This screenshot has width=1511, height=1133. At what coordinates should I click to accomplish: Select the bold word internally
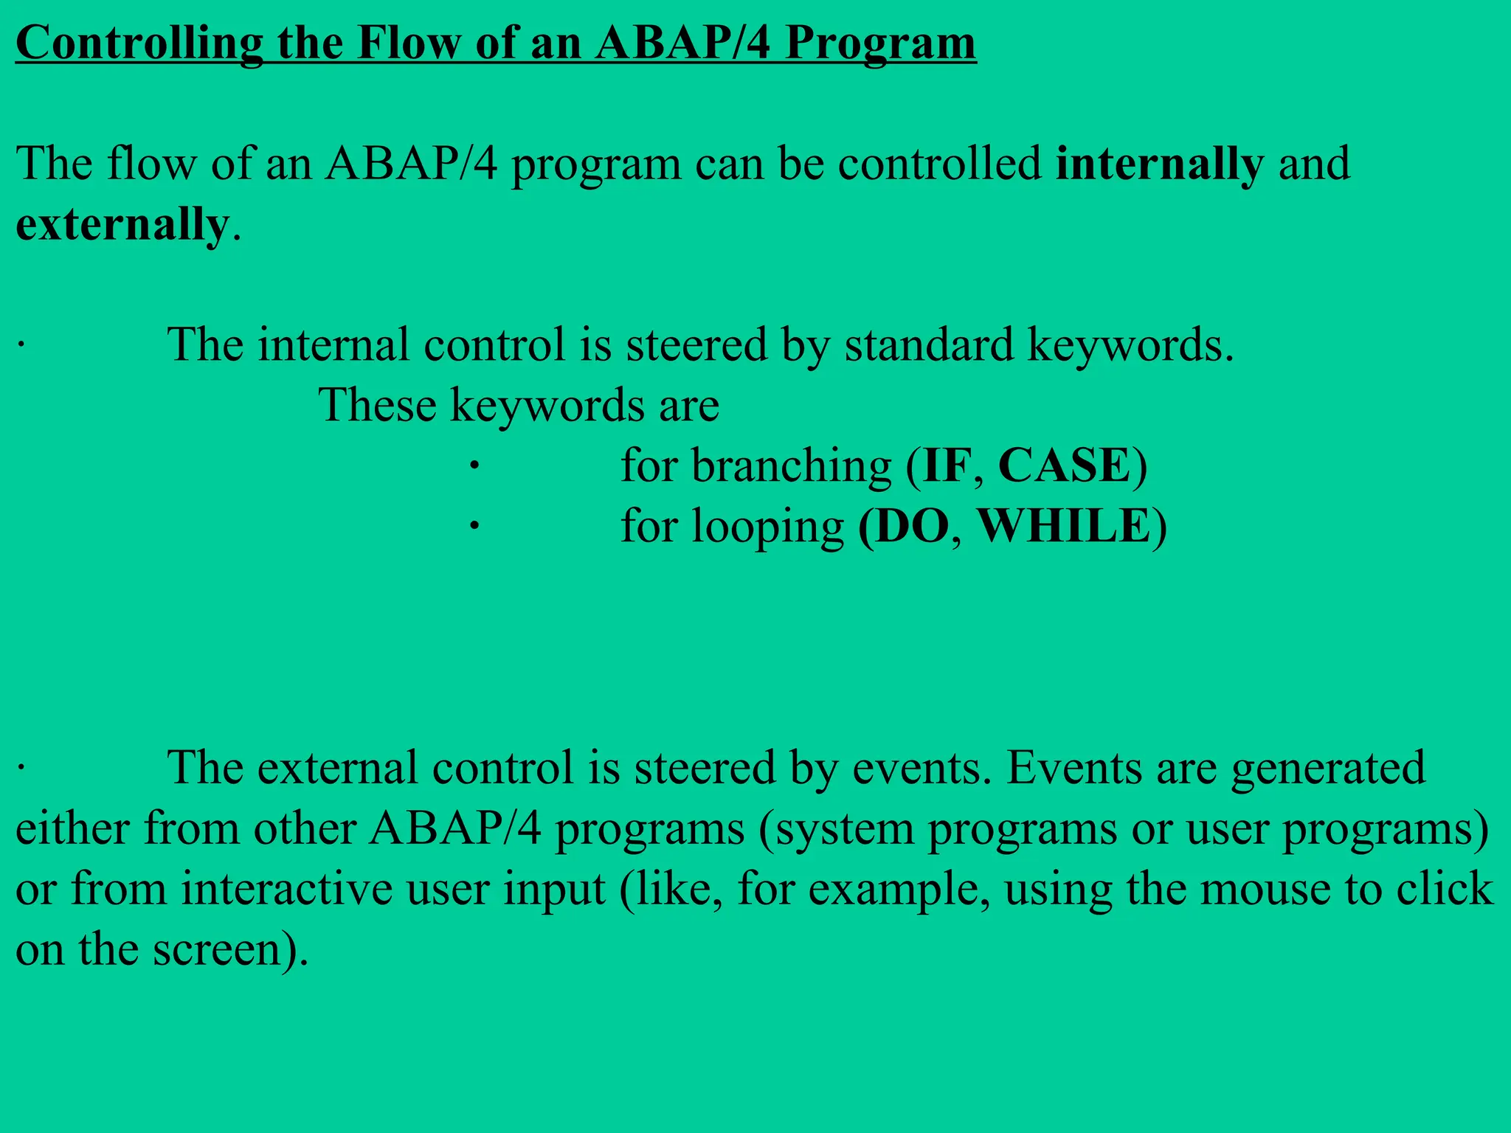(1159, 164)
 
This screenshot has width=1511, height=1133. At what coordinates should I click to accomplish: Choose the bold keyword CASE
(1065, 466)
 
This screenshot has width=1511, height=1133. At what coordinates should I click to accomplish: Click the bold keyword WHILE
(1063, 527)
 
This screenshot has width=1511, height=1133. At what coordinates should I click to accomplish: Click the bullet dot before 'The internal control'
(21, 345)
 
